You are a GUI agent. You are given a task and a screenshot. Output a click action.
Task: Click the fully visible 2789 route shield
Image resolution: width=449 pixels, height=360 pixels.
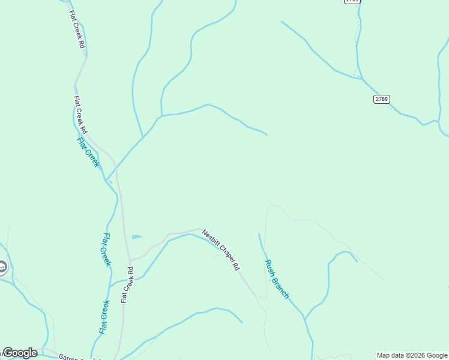click(381, 99)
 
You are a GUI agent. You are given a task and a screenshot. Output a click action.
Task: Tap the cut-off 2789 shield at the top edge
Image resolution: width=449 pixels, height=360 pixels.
click(352, 2)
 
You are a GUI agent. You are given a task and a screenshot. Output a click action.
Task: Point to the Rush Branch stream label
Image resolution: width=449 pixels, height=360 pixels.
click(277, 279)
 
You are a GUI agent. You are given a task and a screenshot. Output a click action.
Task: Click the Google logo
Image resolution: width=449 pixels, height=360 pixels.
click(20, 353)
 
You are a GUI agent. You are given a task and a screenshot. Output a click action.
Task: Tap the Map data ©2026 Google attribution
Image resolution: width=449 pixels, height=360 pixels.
click(412, 355)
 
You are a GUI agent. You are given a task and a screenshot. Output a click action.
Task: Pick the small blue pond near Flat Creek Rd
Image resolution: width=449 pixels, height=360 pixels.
click(137, 237)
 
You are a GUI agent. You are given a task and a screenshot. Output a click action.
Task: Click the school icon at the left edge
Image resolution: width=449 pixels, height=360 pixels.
click(2, 266)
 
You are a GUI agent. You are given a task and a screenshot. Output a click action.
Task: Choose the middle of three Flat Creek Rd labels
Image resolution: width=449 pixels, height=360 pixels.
click(80, 115)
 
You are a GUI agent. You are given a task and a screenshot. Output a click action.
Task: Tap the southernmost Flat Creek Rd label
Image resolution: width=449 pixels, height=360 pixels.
click(126, 284)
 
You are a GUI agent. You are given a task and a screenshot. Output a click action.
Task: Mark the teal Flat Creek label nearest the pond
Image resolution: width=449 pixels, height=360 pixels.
click(106, 249)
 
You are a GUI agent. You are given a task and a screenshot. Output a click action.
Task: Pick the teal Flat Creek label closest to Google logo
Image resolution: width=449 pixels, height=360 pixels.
click(104, 317)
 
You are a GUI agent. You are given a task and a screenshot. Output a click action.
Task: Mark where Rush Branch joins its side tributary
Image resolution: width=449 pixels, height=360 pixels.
click(305, 319)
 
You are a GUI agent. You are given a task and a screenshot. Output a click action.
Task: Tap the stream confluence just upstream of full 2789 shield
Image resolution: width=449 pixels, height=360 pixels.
click(361, 79)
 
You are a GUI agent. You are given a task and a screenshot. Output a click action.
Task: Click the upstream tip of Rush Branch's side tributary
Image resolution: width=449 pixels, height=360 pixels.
click(357, 261)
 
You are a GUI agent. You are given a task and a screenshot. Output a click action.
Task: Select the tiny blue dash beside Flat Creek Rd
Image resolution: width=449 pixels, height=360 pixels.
click(110, 181)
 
